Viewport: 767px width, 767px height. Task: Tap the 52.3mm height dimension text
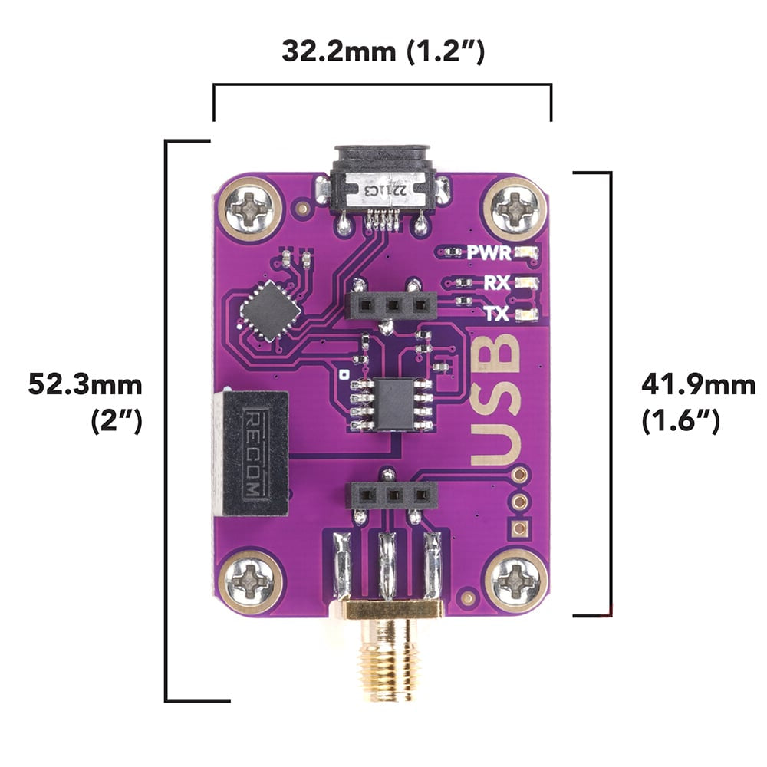tap(85, 383)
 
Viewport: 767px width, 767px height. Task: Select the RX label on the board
tap(498, 283)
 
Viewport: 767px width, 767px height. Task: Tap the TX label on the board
tap(498, 313)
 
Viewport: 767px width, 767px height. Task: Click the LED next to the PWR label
tap(526, 252)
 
